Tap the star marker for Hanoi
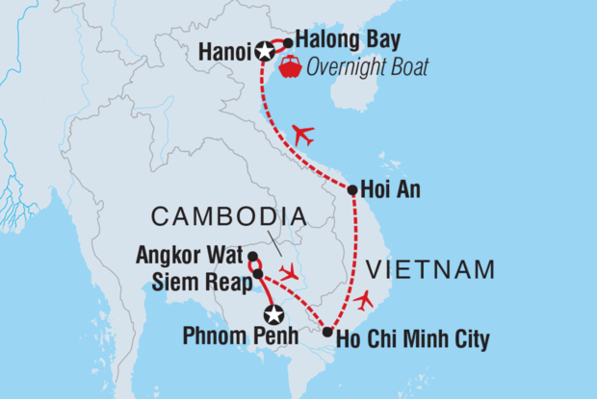pos(265,51)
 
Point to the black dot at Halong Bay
pos(288,42)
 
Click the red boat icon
pos(289,67)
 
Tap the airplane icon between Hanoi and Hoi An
pos(302,135)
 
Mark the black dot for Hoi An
pos(352,189)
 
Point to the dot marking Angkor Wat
pos(252,257)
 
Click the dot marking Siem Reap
pos(257,275)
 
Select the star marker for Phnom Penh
pos(274,314)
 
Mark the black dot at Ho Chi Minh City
pos(328,334)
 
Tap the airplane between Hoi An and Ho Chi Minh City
pos(362,301)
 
